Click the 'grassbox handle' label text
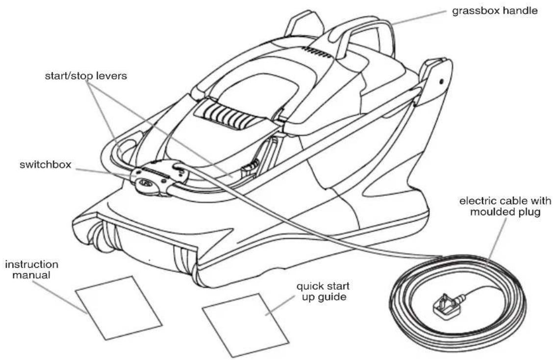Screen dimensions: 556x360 (495, 11)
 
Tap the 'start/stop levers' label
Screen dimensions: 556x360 (86, 76)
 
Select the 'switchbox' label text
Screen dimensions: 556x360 (46, 165)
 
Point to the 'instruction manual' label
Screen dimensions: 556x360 (31, 270)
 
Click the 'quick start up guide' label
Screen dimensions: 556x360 (323, 291)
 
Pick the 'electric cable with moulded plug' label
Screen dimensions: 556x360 (505, 206)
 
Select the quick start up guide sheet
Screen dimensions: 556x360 (246, 325)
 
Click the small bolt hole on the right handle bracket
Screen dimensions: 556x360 (441, 81)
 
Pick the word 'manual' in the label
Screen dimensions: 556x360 (31, 275)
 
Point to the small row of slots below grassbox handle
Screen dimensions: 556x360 (316, 52)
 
